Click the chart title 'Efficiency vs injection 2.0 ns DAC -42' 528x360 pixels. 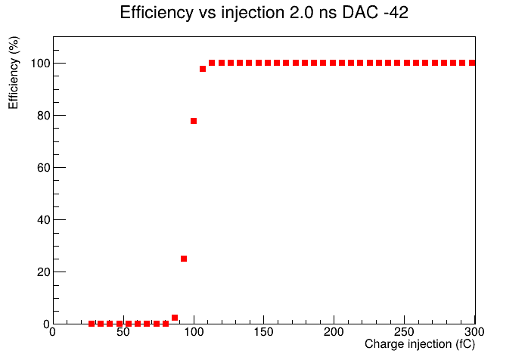point(264,13)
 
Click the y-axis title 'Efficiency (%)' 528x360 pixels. point(14,73)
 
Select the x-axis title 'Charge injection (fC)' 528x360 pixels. point(420,344)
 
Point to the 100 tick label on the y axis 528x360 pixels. point(40,64)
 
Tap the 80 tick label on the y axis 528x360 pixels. point(44,116)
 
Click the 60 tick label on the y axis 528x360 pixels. point(44,168)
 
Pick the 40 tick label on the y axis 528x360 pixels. point(44,220)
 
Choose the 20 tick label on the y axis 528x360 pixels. point(44,272)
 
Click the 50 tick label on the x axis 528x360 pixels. point(123,332)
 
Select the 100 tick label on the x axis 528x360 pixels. point(194,332)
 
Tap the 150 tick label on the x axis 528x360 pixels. point(264,332)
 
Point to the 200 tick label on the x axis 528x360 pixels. point(334,332)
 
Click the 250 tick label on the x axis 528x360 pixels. point(404,332)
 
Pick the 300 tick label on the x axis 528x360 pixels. point(474,332)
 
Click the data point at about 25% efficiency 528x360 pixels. point(184,259)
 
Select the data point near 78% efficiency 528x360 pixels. point(194,121)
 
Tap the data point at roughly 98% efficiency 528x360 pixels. point(203,69)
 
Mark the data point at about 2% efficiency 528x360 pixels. point(175,318)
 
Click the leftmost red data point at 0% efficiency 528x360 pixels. point(92,324)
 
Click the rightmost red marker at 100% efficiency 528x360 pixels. point(472,63)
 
